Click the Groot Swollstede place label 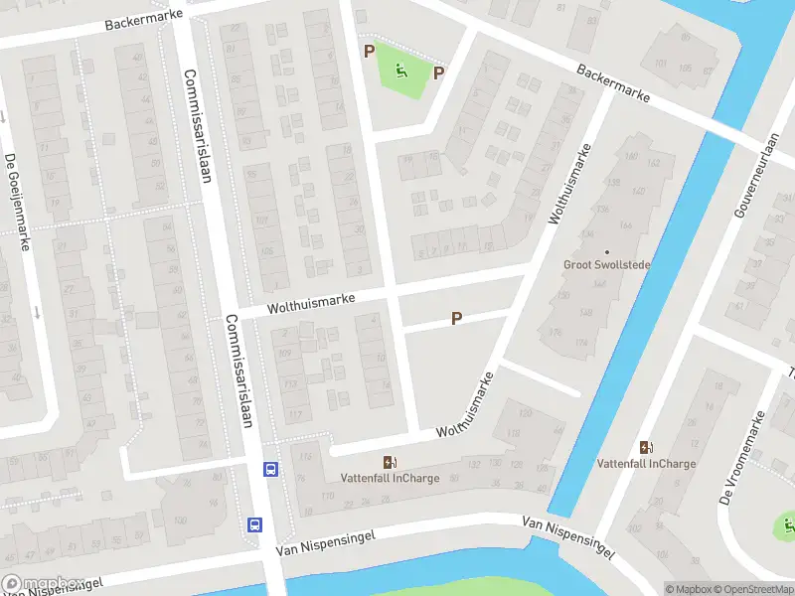point(605,265)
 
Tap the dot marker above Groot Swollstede point(605,251)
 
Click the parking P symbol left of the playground point(369,51)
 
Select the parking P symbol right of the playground point(438,73)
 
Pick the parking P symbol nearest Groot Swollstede point(457,319)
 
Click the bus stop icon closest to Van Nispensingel point(254,524)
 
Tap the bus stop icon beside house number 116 point(269,469)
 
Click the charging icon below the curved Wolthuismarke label point(390,461)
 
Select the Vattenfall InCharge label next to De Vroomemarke point(646,464)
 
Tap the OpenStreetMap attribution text point(753,589)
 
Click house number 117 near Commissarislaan point(295,415)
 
